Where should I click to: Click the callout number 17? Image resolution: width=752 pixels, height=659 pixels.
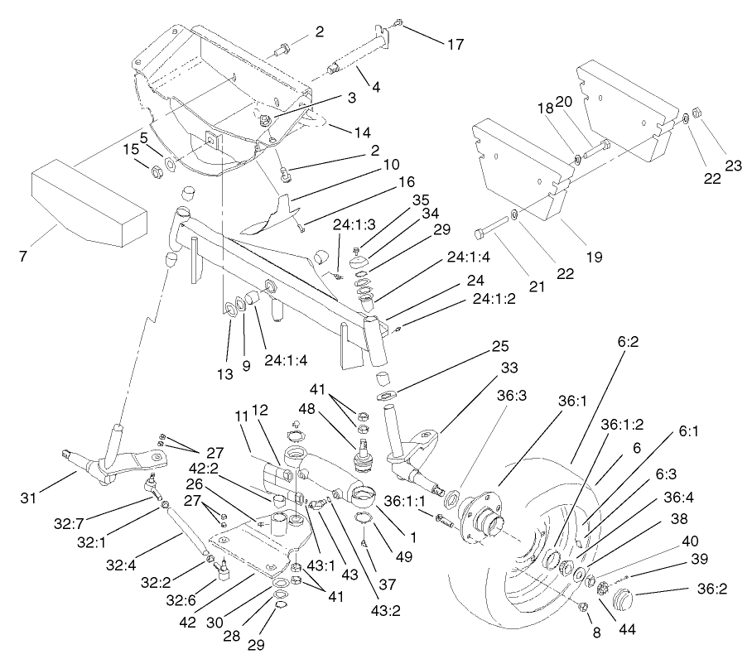[x=456, y=46]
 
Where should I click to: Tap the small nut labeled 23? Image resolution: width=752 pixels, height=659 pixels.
[x=697, y=113]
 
